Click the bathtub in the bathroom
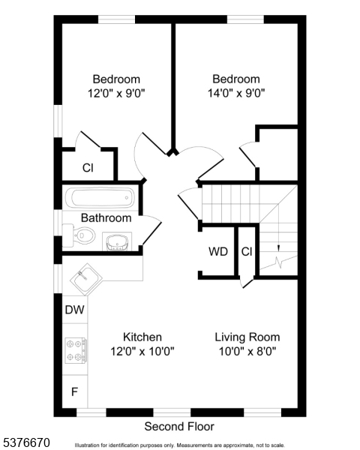click(x=100, y=197)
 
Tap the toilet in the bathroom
click(x=79, y=235)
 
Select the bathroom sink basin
click(x=117, y=241)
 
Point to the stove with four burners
click(x=76, y=350)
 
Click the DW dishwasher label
click(x=75, y=310)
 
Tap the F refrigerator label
click(x=74, y=391)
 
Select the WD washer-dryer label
click(x=218, y=251)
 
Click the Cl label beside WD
click(x=247, y=252)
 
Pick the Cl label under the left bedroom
click(x=88, y=168)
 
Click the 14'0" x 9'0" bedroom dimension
click(x=236, y=93)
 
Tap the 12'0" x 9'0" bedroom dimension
click(x=116, y=93)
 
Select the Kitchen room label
click(x=142, y=337)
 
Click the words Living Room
click(x=247, y=337)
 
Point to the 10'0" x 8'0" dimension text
click(x=247, y=351)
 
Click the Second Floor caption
click(x=179, y=427)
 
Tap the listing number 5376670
click(x=25, y=442)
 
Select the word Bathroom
click(x=106, y=217)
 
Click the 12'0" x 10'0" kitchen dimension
click(x=142, y=351)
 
